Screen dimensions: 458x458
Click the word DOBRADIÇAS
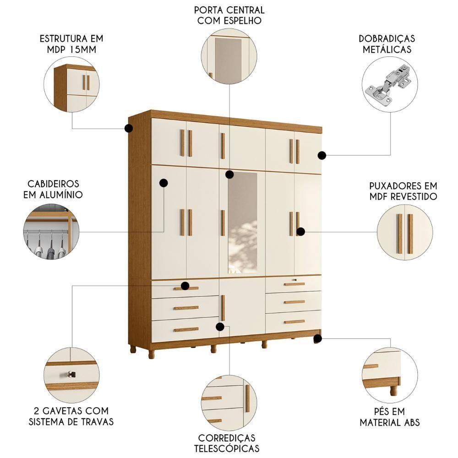(387, 38)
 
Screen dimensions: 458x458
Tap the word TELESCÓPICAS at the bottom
(228, 448)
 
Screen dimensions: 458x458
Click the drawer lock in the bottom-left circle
(71, 375)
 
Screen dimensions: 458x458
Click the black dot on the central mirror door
(229, 174)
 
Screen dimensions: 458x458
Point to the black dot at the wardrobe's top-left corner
(129, 128)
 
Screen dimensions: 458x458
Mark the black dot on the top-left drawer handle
(185, 286)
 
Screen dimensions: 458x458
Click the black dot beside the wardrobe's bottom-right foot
(317, 338)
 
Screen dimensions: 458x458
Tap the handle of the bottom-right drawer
(294, 322)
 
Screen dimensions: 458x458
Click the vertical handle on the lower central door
(223, 308)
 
